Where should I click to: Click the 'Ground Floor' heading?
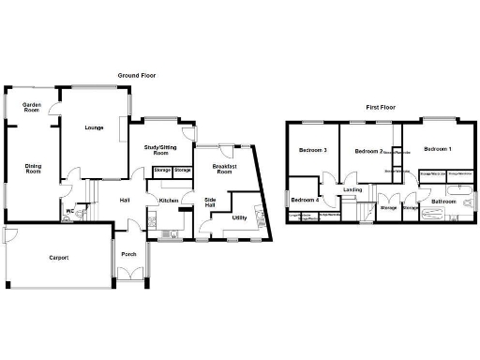(x=137, y=75)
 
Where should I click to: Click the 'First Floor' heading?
(x=380, y=108)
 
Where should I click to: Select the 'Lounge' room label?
(x=93, y=127)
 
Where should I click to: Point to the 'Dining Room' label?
(x=34, y=169)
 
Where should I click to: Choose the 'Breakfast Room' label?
(x=224, y=169)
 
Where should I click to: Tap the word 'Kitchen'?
(x=169, y=202)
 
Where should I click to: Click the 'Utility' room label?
(x=239, y=217)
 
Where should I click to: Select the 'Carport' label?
(x=58, y=257)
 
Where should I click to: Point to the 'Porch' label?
(x=129, y=254)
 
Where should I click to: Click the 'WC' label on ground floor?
(x=69, y=211)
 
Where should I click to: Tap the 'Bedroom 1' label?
(x=436, y=150)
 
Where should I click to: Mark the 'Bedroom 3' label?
(x=312, y=150)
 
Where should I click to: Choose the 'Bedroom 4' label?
(x=304, y=200)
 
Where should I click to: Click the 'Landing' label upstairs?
(x=352, y=190)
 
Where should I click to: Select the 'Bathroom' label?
(x=442, y=201)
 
